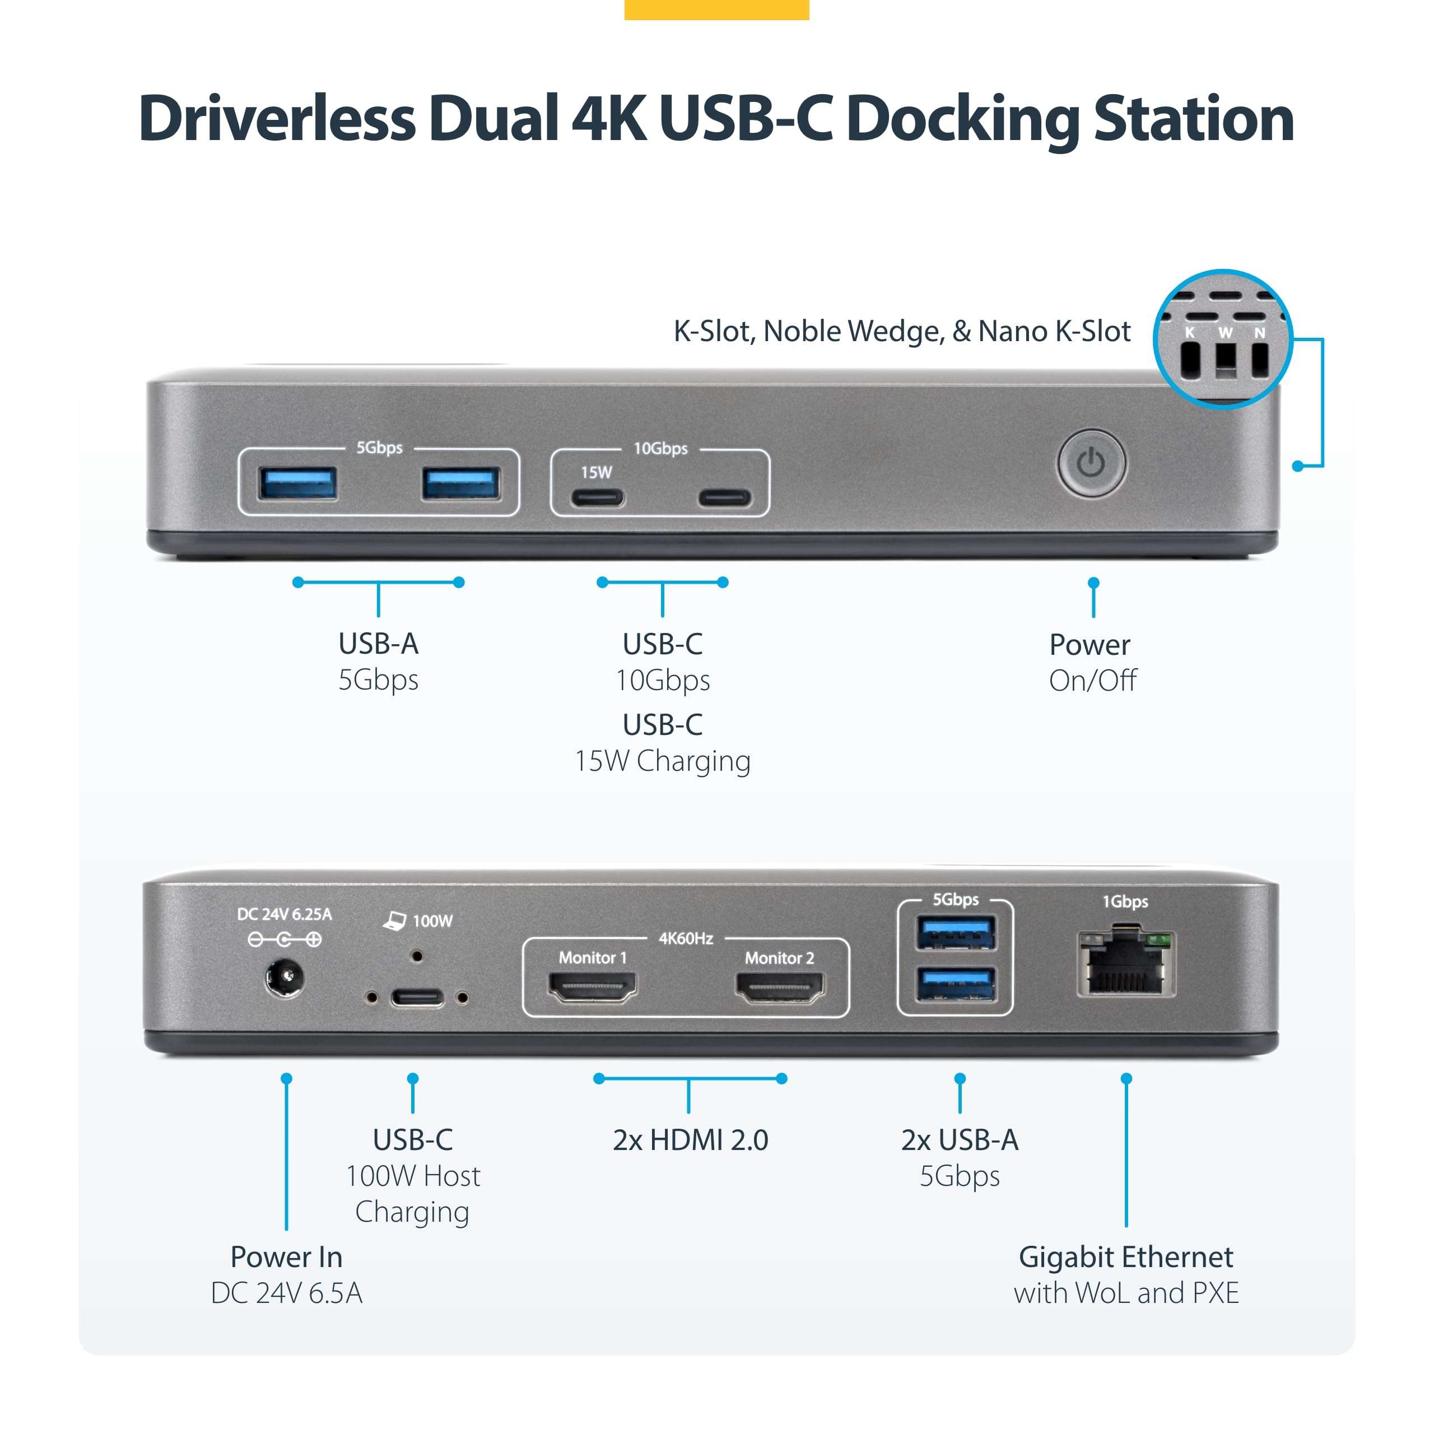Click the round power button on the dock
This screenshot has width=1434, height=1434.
point(1091,464)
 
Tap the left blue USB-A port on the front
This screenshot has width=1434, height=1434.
point(297,483)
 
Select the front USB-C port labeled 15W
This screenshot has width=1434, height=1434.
point(597,497)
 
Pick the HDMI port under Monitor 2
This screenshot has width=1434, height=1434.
point(779,988)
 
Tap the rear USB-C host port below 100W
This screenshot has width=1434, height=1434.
point(417,997)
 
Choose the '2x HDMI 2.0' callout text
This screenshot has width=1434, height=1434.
point(690,1139)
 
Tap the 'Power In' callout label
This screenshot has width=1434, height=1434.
point(286,1256)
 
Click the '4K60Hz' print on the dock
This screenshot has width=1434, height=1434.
point(686,938)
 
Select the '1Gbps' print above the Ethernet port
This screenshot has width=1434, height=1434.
point(1125,902)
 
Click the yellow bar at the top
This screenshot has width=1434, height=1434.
point(716,9)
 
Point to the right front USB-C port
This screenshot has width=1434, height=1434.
point(724,497)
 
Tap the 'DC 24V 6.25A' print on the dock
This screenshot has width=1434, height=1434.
point(284,914)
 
